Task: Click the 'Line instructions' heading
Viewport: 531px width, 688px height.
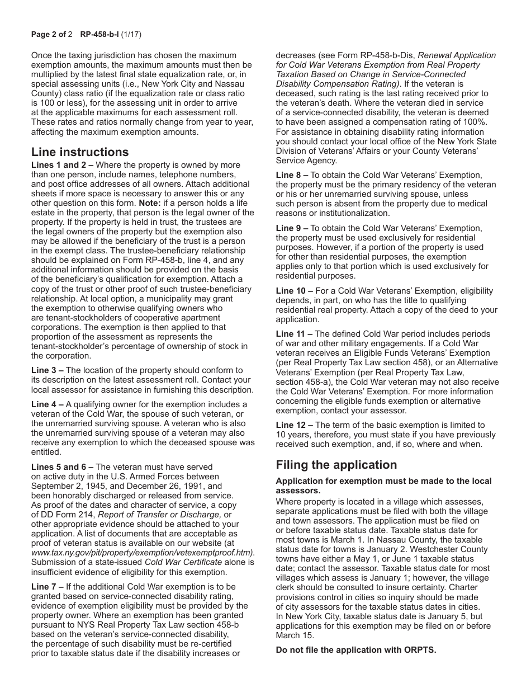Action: (80, 152)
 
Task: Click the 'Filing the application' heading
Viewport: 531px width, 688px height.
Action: (336, 465)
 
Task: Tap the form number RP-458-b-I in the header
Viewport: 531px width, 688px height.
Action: (98, 34)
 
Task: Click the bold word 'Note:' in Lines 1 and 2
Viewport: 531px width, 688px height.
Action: (150, 203)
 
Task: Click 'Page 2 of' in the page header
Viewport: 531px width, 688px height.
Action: (48, 34)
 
